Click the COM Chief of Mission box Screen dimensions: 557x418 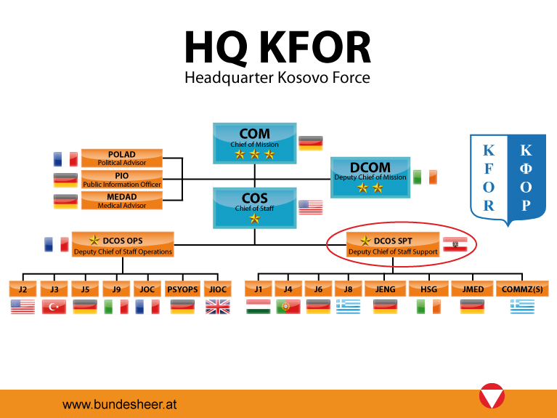[x=255, y=143]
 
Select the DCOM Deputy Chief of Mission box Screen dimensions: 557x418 [x=370, y=177]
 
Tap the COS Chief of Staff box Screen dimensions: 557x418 [x=255, y=208]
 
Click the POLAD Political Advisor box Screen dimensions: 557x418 [x=122, y=158]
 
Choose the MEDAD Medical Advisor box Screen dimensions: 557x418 [x=122, y=201]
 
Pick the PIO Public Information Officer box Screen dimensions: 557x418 [x=122, y=180]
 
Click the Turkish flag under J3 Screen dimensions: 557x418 [x=54, y=307]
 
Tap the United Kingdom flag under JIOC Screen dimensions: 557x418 [x=218, y=307]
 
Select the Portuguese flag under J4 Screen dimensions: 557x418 [x=288, y=307]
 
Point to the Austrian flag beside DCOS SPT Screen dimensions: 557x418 [x=455, y=244]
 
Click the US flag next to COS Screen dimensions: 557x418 [x=311, y=207]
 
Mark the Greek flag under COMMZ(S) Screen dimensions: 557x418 [x=522, y=307]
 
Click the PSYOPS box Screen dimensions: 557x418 [x=182, y=289]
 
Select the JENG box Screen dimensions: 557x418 [x=385, y=289]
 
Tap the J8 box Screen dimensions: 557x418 [x=348, y=289]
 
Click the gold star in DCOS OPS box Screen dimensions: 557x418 [x=94, y=240]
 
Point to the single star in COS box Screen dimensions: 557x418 [x=255, y=218]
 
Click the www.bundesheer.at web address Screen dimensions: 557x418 [x=119, y=404]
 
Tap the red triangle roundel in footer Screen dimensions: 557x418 [x=492, y=396]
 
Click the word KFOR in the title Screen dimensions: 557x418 [x=316, y=48]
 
